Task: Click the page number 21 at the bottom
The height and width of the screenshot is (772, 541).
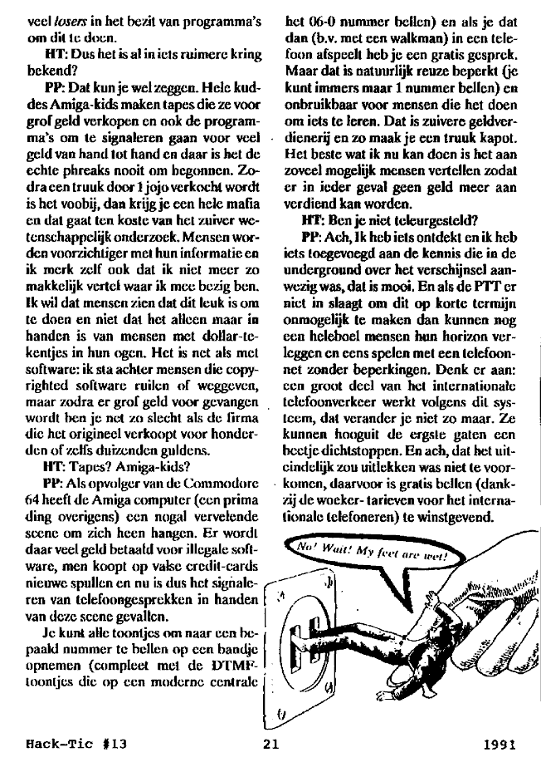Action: pos(268,745)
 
